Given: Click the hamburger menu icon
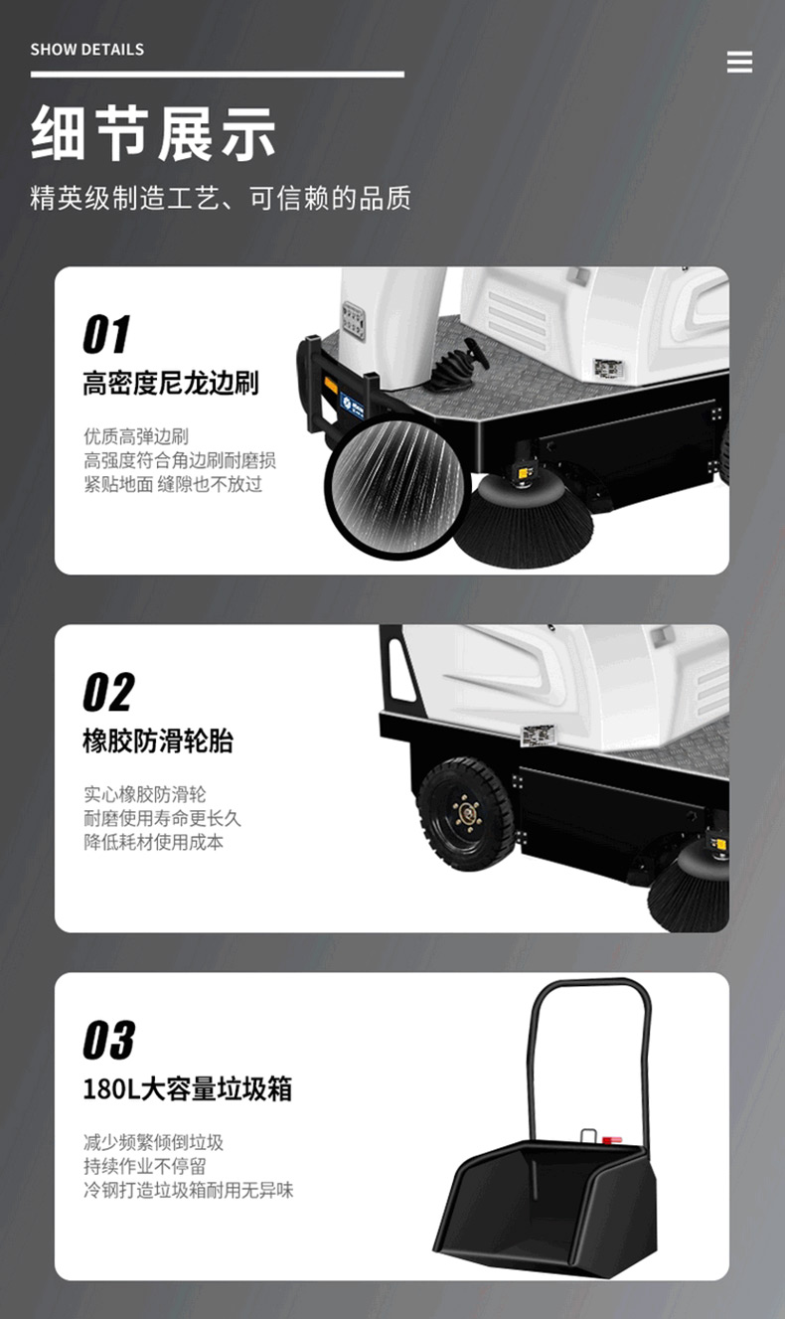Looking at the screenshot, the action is (x=739, y=62).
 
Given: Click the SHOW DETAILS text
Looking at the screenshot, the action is (x=87, y=50).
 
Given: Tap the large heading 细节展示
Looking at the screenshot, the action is (x=153, y=133).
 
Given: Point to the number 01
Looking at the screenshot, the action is (x=106, y=334).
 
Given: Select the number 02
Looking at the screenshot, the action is (x=109, y=692).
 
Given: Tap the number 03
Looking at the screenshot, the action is (x=109, y=1040).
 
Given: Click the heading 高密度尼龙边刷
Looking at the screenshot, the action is (x=171, y=384).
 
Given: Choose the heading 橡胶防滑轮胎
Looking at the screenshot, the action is (x=158, y=741).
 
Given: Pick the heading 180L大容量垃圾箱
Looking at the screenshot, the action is (x=188, y=1088).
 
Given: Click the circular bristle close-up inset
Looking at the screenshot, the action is (x=397, y=486).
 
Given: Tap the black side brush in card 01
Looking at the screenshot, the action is (x=523, y=520).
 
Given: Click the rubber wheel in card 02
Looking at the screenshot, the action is (x=466, y=814).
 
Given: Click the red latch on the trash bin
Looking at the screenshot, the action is (x=612, y=1139).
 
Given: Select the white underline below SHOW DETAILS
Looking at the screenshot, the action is (x=218, y=75).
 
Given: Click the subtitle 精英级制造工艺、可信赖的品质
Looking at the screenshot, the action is (x=221, y=198).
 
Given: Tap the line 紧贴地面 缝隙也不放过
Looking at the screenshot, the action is (x=173, y=485).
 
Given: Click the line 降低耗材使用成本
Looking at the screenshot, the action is (x=154, y=842).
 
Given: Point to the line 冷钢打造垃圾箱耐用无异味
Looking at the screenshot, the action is (x=189, y=1190).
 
